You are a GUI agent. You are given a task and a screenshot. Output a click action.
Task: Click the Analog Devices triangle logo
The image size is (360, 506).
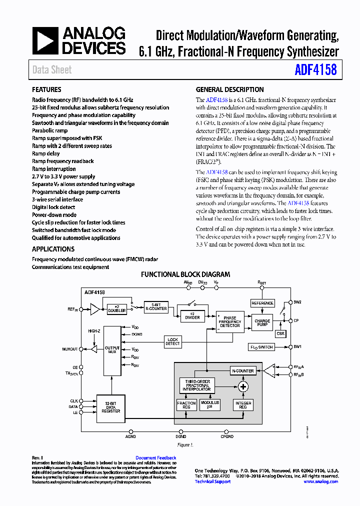[x=45, y=41]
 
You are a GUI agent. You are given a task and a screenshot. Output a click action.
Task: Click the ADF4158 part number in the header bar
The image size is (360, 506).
[x=316, y=69]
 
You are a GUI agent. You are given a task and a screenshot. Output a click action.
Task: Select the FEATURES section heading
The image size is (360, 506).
[x=46, y=90]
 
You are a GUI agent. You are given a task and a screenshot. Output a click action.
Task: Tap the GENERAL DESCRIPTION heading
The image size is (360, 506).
[x=229, y=90]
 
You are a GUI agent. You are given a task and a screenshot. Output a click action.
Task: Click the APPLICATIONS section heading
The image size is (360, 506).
[x=53, y=249]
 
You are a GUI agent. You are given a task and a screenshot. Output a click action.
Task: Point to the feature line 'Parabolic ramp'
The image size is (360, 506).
[x=49, y=130]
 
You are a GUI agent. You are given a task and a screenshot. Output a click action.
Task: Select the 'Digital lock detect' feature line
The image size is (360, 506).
[x=53, y=207]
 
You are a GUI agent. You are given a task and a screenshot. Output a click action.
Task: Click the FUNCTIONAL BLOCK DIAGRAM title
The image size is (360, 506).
[x=185, y=274]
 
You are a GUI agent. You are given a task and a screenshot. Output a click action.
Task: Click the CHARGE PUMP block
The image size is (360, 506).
[x=262, y=323]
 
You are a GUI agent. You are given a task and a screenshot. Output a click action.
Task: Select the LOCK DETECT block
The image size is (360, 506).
[x=172, y=341]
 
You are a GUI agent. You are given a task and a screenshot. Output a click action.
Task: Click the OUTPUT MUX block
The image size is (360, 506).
[x=112, y=350]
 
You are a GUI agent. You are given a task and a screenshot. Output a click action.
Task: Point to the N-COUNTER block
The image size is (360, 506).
[x=243, y=370]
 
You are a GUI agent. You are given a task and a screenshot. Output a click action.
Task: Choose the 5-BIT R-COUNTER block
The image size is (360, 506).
[x=156, y=306]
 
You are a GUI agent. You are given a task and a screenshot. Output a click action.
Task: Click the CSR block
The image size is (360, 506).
[x=280, y=333]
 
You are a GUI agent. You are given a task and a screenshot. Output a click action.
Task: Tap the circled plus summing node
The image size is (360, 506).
[x=243, y=386]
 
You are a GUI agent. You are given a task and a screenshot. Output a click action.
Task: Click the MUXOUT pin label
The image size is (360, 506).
[x=70, y=349]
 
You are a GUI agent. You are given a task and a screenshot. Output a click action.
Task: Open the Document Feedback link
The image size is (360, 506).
[x=155, y=457]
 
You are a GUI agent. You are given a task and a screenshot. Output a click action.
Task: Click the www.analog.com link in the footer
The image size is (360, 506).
[x=320, y=481]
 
